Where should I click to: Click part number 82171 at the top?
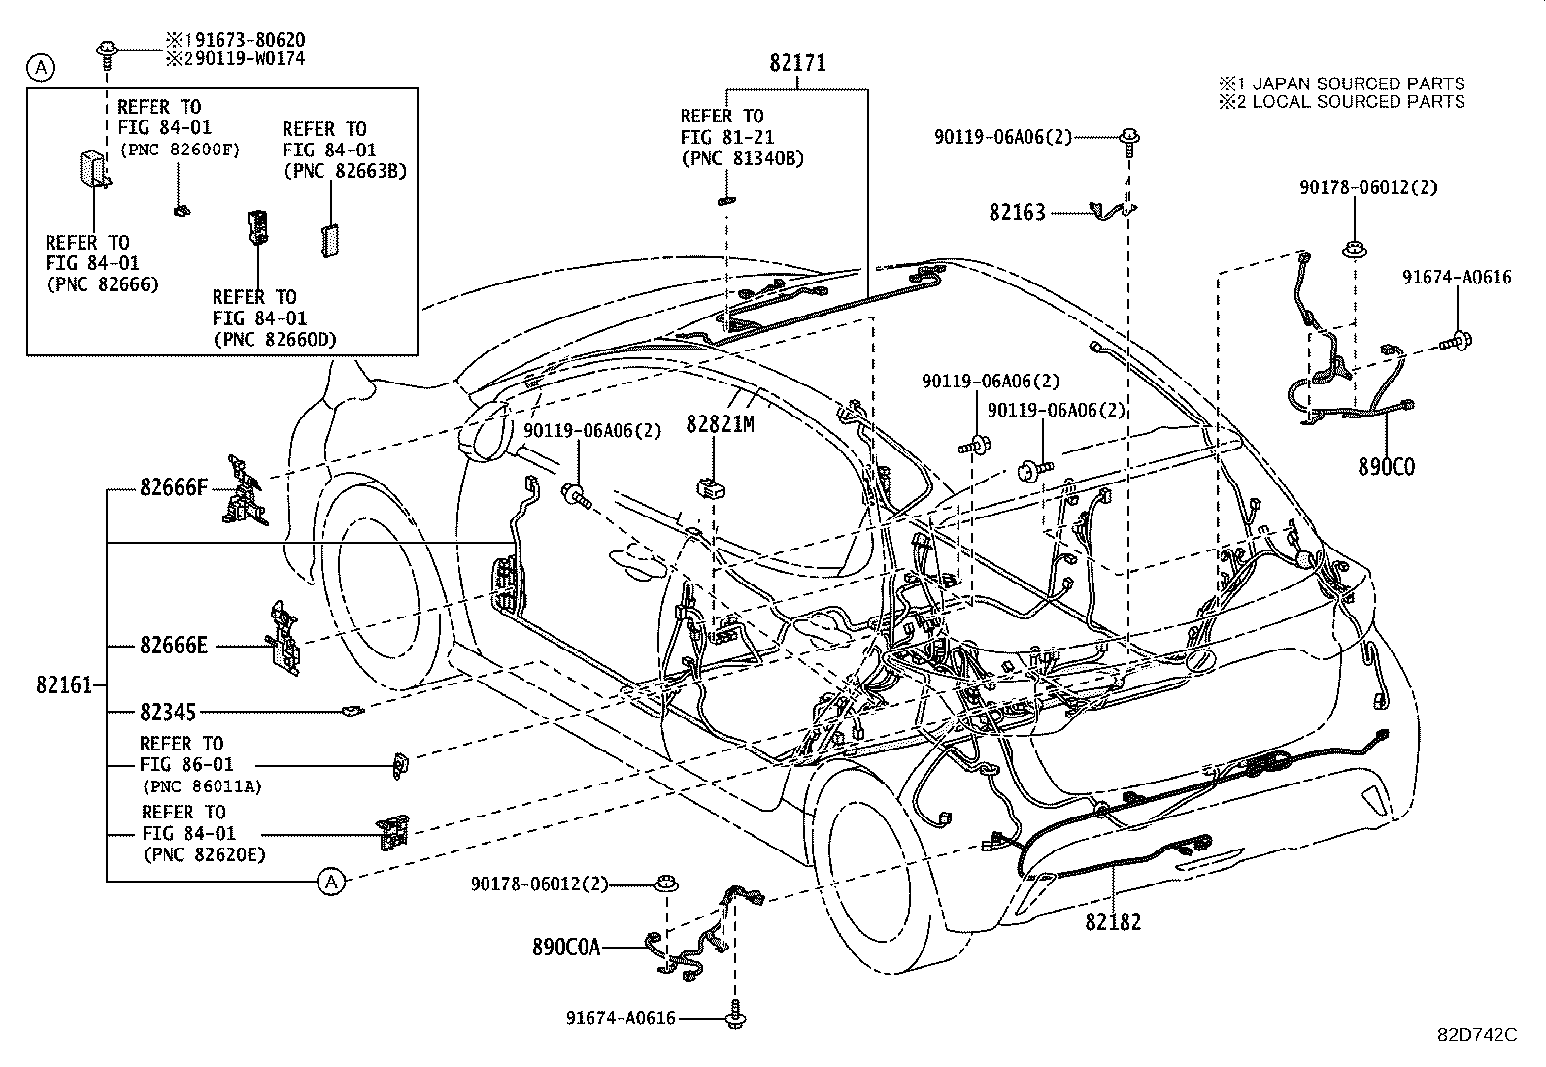[797, 63]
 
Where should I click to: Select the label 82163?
[1017, 212]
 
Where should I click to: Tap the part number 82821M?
[720, 424]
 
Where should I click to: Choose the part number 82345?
[167, 713]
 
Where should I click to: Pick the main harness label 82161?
[64, 685]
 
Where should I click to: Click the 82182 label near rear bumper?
[1113, 921]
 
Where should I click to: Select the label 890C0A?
[566, 947]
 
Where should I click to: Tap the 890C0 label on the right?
[1386, 467]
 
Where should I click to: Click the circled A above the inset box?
[41, 67]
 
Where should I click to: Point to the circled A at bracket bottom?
[331, 882]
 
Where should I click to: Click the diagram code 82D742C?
[1476, 1034]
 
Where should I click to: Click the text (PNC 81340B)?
[742, 159]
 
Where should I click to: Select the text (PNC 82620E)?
[203, 855]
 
